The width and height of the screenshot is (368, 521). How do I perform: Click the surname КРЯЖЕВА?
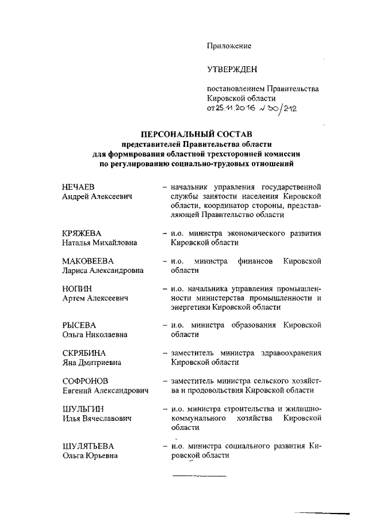(82, 233)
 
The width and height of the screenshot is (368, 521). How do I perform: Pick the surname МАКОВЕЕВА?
(87, 260)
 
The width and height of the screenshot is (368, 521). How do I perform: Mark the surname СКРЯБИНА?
(84, 353)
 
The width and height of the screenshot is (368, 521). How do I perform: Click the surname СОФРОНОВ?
(85, 381)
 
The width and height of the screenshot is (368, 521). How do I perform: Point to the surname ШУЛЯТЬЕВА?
(88, 446)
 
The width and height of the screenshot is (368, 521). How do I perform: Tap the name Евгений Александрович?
(105, 390)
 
